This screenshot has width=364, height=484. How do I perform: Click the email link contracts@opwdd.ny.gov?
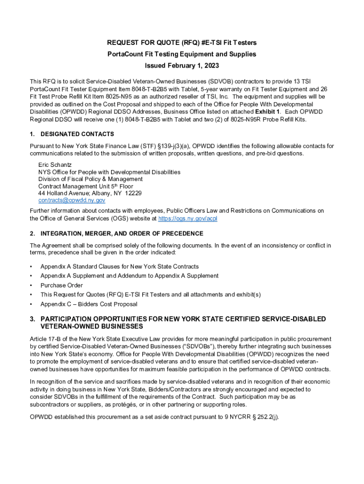tap(71, 200)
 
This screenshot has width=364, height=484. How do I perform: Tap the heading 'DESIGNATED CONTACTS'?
tap(77, 134)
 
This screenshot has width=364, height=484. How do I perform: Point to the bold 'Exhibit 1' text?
tap(268, 111)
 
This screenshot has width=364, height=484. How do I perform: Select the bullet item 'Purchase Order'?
tap(61, 285)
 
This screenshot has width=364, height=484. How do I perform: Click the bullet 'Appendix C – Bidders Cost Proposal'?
tap(89, 304)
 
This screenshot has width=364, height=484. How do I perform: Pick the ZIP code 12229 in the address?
tap(133, 193)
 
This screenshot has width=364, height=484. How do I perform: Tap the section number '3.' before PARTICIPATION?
tap(33, 319)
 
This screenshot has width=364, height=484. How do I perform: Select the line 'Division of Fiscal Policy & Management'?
tap(90, 179)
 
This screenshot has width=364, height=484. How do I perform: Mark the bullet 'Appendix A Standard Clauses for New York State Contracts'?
tap(120, 267)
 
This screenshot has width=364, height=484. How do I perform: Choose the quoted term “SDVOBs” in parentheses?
tap(191, 346)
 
